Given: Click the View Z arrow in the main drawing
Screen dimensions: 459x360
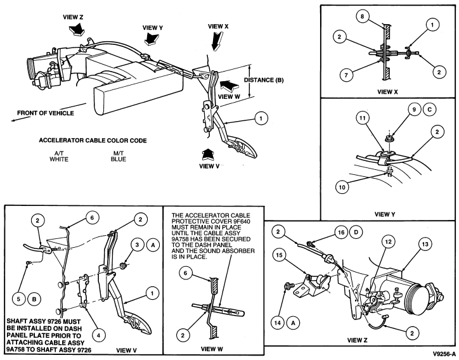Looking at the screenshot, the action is click(x=77, y=29).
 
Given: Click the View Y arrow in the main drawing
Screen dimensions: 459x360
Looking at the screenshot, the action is click(x=152, y=38).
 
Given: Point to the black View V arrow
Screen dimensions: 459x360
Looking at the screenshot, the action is click(x=208, y=155).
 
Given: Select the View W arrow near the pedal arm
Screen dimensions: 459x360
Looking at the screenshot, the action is click(x=229, y=86).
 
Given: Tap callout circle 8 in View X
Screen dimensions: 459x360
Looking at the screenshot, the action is click(x=363, y=16).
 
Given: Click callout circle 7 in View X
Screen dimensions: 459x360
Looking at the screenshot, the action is click(x=346, y=75).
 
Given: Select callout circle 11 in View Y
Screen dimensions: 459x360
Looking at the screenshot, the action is click(x=363, y=119).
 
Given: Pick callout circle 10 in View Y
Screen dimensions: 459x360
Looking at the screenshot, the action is click(x=342, y=187).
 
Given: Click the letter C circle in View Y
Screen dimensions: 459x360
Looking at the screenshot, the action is click(x=429, y=110).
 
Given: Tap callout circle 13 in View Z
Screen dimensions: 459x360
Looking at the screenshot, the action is click(x=425, y=244).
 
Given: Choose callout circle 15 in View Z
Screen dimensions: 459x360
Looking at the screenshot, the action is click(x=279, y=255).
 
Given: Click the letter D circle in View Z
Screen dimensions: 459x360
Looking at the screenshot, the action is click(x=356, y=233).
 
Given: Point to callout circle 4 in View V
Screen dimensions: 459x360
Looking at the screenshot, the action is click(x=98, y=335).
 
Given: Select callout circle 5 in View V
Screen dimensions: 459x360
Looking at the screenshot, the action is click(x=19, y=299).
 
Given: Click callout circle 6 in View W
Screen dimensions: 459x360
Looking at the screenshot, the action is click(x=185, y=273).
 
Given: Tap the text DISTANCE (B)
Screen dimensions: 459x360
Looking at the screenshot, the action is click(x=264, y=80).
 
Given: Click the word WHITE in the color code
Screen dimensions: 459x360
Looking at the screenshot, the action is click(x=59, y=159).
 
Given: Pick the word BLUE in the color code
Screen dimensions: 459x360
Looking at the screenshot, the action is click(x=119, y=159).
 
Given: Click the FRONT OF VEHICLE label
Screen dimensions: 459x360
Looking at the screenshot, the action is click(x=46, y=113).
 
